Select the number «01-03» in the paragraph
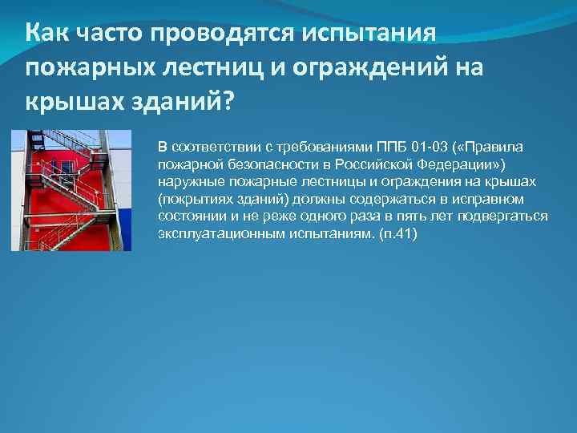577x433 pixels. [x=433, y=148]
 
